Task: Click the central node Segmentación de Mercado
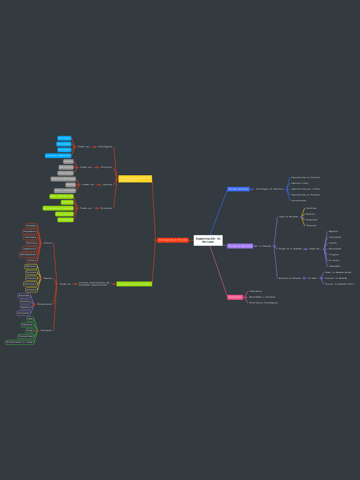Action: (x=208, y=240)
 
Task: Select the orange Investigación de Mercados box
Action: (x=172, y=240)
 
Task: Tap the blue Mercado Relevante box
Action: (x=239, y=189)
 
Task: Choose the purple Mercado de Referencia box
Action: (x=240, y=246)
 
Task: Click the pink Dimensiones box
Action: (x=235, y=297)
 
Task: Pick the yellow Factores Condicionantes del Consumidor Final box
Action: (x=135, y=179)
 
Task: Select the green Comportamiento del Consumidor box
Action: (x=134, y=284)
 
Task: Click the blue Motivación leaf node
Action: (x=64, y=138)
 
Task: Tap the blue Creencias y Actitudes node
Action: (x=58, y=156)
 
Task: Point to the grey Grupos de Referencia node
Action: (x=63, y=179)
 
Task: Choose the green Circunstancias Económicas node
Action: (x=58, y=208)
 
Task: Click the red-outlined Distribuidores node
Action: (x=28, y=255)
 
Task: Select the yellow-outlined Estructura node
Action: (x=30, y=284)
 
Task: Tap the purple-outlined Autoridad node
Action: (x=24, y=296)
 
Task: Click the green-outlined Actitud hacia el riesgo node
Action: (x=20, y=342)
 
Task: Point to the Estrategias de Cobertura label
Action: (x=270, y=189)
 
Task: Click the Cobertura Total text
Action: (x=300, y=183)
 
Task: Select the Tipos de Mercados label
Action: (x=288, y=217)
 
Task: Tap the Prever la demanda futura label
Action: (x=339, y=284)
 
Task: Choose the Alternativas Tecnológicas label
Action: (x=263, y=303)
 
